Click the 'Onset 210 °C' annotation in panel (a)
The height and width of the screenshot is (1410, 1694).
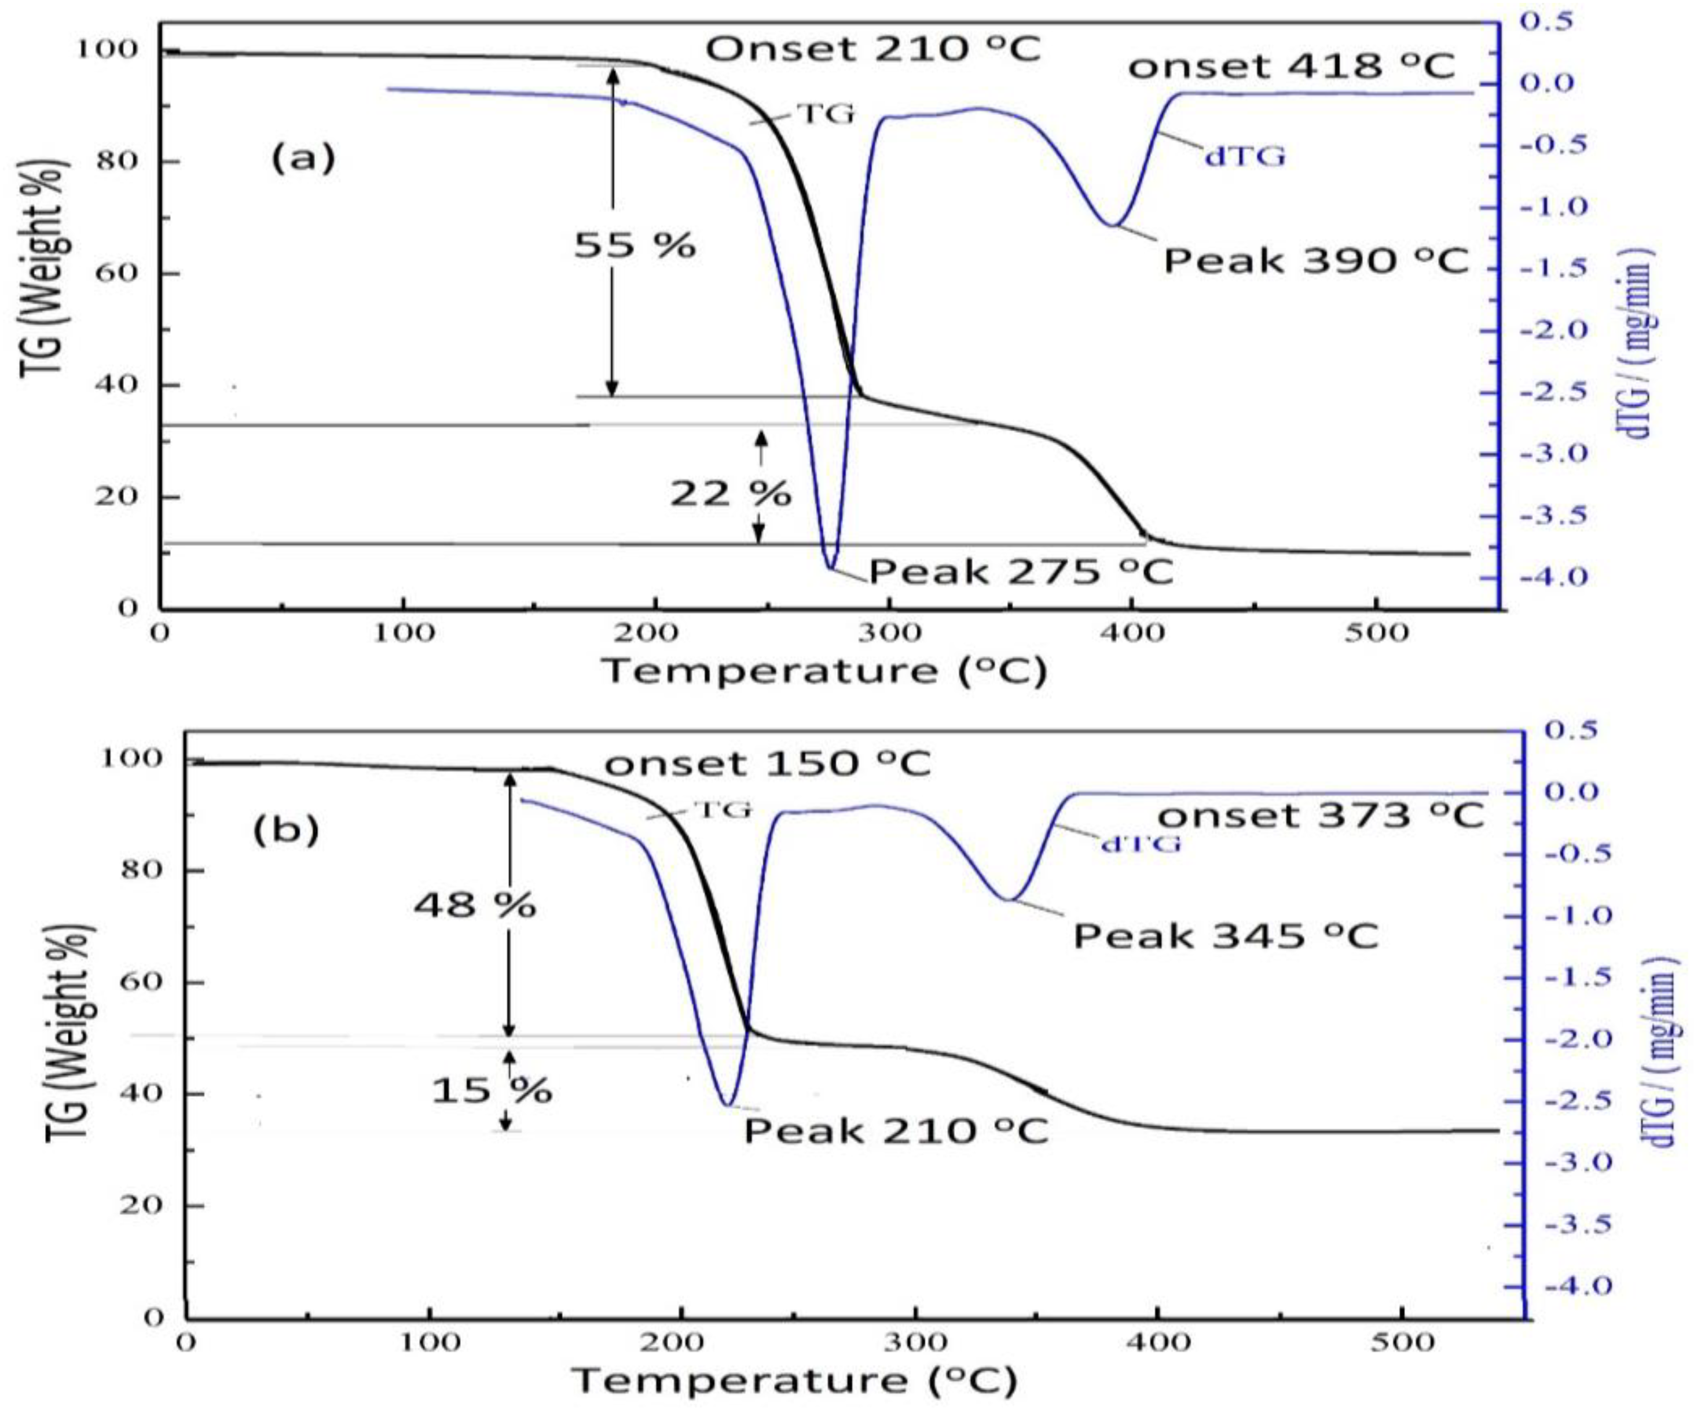coord(874,50)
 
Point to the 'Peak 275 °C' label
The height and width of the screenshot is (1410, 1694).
coord(1021,572)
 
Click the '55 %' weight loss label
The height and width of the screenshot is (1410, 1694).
coord(634,245)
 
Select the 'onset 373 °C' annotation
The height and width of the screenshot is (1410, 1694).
coord(1321,816)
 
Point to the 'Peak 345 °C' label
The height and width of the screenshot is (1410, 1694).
coord(1225,937)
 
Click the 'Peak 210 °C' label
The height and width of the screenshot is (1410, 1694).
coord(896,1131)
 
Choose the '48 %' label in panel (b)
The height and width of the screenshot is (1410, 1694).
coord(475,906)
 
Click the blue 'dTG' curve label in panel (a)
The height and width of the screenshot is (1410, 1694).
coord(1245,156)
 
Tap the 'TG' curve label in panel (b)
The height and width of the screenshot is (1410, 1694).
coord(723,809)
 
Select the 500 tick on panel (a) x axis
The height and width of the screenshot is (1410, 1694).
coord(1376,633)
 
